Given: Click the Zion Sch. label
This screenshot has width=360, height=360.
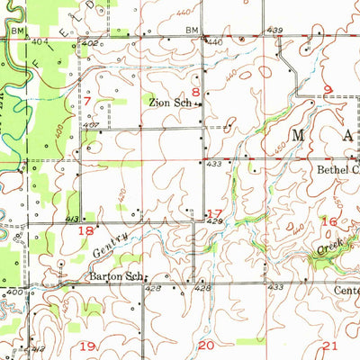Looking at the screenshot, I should point(169,103).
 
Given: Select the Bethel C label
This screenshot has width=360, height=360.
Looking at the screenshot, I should point(337,168).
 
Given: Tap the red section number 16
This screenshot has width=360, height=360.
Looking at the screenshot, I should point(329,220).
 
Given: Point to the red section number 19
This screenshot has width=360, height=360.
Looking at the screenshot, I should point(88,346).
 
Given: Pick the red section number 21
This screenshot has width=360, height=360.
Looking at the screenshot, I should point(330,346).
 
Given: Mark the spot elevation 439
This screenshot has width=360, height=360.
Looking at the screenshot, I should point(274,31).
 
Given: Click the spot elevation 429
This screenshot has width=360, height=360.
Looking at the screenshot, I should point(213,220).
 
